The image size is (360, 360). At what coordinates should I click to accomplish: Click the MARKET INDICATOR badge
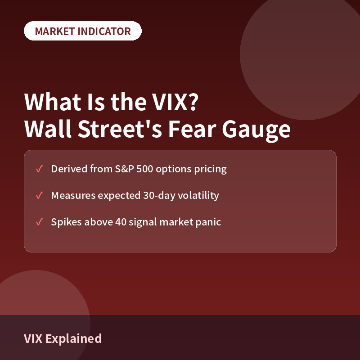click(x=83, y=31)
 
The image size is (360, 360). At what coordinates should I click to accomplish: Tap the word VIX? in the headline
click(x=175, y=102)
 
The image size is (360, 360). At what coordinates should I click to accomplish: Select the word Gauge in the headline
click(x=256, y=130)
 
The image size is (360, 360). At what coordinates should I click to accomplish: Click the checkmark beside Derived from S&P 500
click(x=39, y=169)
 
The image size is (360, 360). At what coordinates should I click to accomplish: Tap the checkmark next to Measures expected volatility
click(x=39, y=195)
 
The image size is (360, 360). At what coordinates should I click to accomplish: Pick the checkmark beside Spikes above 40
click(x=39, y=222)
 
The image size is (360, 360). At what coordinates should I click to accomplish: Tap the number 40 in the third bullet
click(x=121, y=222)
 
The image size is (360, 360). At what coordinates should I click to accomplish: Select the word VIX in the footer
click(x=33, y=339)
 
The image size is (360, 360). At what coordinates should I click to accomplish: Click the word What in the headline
click(x=53, y=102)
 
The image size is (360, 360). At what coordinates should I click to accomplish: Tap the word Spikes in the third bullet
click(x=66, y=222)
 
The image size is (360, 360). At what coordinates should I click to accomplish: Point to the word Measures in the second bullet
click(x=73, y=196)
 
